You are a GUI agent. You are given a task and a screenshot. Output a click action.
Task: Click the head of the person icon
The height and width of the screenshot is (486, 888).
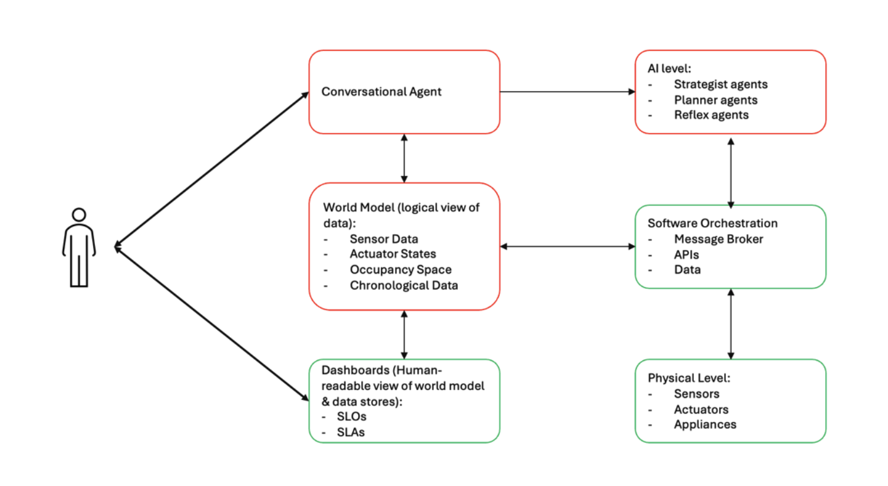tap(79, 215)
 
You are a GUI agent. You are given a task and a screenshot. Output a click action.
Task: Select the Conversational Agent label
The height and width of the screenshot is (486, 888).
tap(381, 92)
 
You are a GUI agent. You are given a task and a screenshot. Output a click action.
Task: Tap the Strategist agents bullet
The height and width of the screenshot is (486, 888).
tap(720, 84)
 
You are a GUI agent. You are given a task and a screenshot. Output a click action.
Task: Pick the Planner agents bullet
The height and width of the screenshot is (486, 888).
tap(715, 100)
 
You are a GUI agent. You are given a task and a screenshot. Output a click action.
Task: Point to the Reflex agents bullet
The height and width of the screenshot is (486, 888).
tap(711, 115)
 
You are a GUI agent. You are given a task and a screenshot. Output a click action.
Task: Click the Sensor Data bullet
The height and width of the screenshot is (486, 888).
tap(383, 239)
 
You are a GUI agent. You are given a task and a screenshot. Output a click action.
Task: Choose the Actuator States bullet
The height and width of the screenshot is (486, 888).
tap(393, 254)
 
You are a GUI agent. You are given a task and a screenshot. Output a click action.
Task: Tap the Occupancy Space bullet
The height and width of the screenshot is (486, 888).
tap(400, 270)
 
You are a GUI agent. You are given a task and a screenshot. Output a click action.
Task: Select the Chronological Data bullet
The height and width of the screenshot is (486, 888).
tap(403, 286)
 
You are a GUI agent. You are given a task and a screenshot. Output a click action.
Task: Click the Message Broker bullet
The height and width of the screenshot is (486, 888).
tap(718, 239)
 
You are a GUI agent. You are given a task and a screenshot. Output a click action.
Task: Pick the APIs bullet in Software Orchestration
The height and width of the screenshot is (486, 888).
tap(686, 254)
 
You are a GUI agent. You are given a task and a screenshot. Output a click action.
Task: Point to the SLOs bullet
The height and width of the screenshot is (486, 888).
tap(352, 416)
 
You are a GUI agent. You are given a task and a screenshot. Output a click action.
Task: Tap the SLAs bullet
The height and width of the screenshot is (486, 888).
tap(351, 432)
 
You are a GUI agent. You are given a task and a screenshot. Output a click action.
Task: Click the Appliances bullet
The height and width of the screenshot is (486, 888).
tap(705, 424)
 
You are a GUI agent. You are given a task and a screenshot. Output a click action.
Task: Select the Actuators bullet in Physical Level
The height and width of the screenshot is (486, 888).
tap(701, 409)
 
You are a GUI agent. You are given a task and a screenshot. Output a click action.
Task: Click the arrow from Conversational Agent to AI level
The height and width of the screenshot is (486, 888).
tap(567, 92)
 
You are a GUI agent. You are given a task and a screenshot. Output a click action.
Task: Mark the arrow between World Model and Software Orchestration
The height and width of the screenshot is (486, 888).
tap(567, 247)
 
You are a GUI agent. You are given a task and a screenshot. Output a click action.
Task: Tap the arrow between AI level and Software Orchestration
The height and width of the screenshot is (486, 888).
tap(730, 170)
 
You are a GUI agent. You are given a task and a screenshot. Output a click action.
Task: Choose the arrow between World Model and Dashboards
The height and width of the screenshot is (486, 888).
tap(404, 335)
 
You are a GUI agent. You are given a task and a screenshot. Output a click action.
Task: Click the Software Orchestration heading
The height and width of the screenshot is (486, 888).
tap(712, 224)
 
